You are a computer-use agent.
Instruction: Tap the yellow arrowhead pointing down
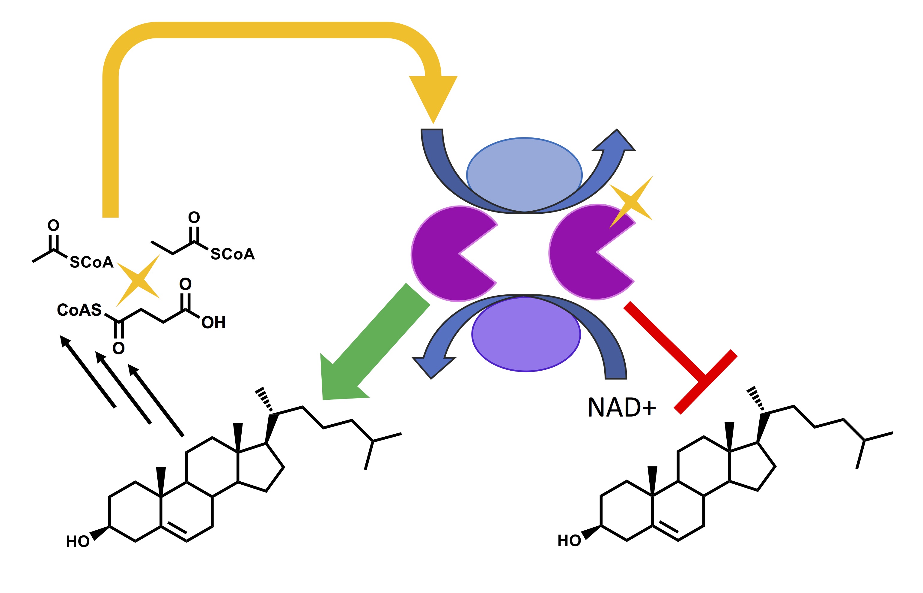(x=433, y=96)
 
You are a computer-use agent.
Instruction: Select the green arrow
(x=369, y=347)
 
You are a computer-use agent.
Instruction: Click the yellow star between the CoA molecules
(x=138, y=280)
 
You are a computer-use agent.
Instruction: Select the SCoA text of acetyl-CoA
(x=91, y=263)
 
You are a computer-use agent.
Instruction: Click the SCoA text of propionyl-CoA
(x=232, y=254)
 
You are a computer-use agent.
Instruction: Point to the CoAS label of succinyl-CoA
(x=79, y=310)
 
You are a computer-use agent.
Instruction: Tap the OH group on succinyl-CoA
(x=213, y=323)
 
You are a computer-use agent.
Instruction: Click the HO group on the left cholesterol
(x=78, y=541)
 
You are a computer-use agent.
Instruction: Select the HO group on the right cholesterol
(x=569, y=540)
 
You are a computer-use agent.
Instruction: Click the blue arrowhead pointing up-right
(x=615, y=143)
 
